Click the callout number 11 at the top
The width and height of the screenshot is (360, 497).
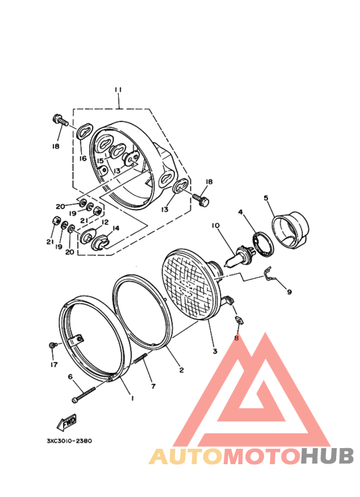(x=118, y=89)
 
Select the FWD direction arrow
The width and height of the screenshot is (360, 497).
(x=67, y=422)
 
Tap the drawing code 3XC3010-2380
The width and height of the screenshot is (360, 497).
(x=69, y=441)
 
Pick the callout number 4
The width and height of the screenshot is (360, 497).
(x=241, y=212)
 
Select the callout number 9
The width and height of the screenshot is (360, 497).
(x=289, y=292)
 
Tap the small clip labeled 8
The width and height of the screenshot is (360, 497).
(x=237, y=320)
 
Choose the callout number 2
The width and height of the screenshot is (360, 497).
(x=181, y=370)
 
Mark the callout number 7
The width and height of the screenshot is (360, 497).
(x=153, y=386)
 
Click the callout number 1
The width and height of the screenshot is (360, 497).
(x=132, y=399)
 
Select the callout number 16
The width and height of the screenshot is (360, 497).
(x=83, y=158)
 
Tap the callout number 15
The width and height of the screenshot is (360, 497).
(x=100, y=161)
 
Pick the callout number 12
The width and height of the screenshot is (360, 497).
(x=104, y=222)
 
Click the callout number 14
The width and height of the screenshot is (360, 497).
(x=116, y=228)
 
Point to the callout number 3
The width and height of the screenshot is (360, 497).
(x=215, y=352)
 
